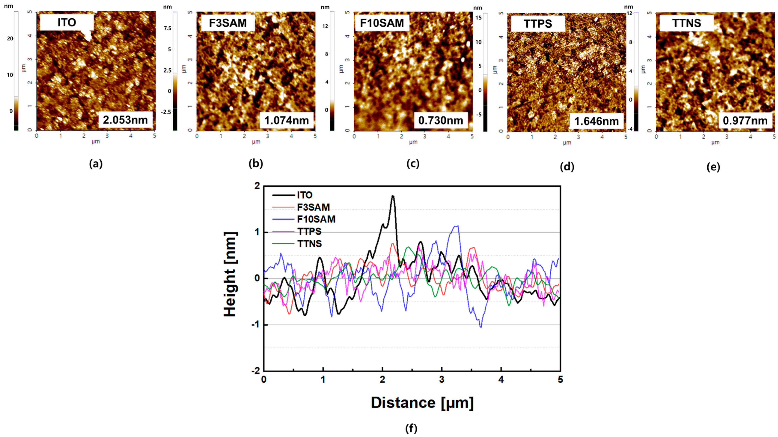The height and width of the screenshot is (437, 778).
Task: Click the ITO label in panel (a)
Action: (67, 22)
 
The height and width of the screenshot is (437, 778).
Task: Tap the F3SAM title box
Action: (228, 23)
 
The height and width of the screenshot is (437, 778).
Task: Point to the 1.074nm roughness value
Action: (286, 121)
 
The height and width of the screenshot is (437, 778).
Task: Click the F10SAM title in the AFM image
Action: (382, 23)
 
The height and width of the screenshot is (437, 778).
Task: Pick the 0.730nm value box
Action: (441, 121)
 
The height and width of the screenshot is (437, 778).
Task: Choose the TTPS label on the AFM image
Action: (537, 24)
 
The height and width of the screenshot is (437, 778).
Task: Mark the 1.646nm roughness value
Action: (596, 121)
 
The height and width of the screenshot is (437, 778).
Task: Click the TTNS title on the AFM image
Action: (686, 23)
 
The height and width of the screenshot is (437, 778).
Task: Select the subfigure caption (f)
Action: (411, 428)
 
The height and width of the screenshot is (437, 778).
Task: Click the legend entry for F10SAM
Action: (316, 219)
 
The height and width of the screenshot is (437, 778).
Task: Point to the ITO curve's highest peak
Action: (393, 196)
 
